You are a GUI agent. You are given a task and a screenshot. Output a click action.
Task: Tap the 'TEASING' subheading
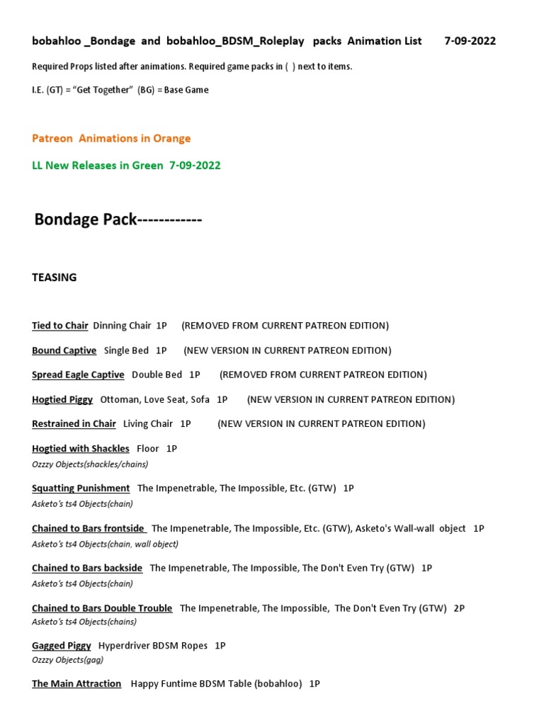coord(55,278)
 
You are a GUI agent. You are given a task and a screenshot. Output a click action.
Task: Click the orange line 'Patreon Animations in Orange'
coord(111,138)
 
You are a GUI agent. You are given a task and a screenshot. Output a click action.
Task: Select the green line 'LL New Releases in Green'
coord(126,165)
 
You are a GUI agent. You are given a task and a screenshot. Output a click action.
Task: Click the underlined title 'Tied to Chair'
coord(60,326)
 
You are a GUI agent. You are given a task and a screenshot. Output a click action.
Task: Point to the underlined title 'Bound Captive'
coord(64,350)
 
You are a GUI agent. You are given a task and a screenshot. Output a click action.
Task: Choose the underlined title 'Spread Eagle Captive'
coord(78,375)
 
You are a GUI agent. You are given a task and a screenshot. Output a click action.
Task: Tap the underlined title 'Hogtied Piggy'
coord(62,399)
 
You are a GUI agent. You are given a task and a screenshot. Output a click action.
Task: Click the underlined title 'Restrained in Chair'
coord(74,423)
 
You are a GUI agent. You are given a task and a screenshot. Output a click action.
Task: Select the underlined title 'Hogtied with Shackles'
coord(81,448)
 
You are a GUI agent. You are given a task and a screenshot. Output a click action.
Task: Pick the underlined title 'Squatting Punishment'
coord(81,488)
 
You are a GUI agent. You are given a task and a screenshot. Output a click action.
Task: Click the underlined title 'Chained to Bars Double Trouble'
coord(102,608)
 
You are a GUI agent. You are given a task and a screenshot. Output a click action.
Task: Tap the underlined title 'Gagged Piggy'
coord(62,646)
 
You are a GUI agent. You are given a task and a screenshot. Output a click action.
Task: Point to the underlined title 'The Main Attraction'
coord(76,684)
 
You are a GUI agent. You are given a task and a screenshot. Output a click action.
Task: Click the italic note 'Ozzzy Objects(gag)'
coord(68,660)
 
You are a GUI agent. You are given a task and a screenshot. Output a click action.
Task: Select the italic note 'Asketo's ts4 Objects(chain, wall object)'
coord(105,544)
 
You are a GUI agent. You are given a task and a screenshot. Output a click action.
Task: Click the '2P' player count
coord(459,608)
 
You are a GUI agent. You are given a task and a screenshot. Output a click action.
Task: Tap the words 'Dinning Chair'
coord(122,326)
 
